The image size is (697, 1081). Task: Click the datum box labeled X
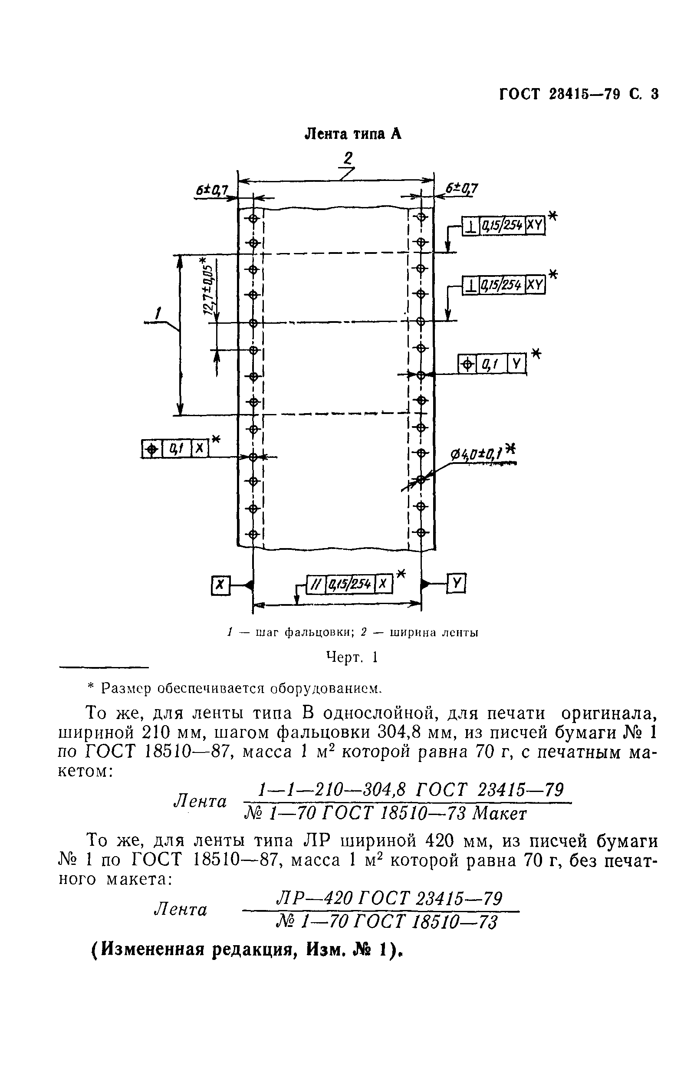tap(220, 585)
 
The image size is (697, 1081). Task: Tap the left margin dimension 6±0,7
tap(212, 191)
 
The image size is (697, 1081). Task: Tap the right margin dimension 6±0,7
tap(461, 188)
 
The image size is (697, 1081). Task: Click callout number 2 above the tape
tap(348, 158)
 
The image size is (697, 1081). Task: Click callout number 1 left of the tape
tap(158, 313)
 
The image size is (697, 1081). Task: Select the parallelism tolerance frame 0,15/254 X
tap(349, 584)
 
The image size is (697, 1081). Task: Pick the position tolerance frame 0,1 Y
tap(493, 363)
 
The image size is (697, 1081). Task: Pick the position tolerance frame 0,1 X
tap(175, 448)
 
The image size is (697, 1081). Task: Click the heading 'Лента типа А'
tap(352, 134)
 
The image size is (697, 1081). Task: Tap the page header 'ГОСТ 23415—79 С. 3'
tap(579, 94)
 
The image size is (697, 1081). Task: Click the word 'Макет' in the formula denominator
tap(499, 814)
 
